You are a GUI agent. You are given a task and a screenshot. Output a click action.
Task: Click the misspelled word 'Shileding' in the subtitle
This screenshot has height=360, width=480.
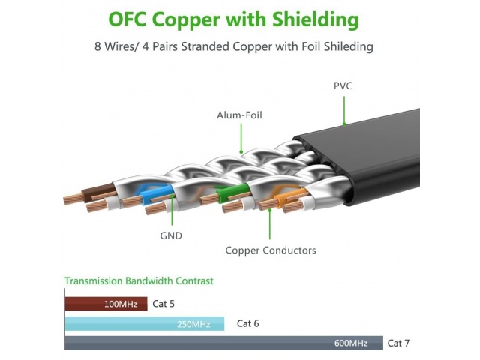(347, 47)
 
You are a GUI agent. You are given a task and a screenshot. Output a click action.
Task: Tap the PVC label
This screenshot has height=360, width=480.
(343, 86)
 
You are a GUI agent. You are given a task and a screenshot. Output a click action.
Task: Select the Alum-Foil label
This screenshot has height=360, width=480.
(239, 115)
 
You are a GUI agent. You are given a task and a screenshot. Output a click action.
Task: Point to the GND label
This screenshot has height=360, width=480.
(171, 235)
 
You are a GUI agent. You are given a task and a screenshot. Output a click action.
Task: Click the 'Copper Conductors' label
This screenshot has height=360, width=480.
(271, 250)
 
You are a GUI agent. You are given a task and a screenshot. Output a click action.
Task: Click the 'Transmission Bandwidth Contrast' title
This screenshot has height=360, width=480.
(139, 280)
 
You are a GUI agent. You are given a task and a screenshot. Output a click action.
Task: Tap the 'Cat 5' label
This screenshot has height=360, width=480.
(164, 304)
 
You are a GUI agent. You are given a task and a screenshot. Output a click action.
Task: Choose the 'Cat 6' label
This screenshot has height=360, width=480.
(248, 323)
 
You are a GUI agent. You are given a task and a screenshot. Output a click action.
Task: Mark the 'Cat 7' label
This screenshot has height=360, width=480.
(398, 343)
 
